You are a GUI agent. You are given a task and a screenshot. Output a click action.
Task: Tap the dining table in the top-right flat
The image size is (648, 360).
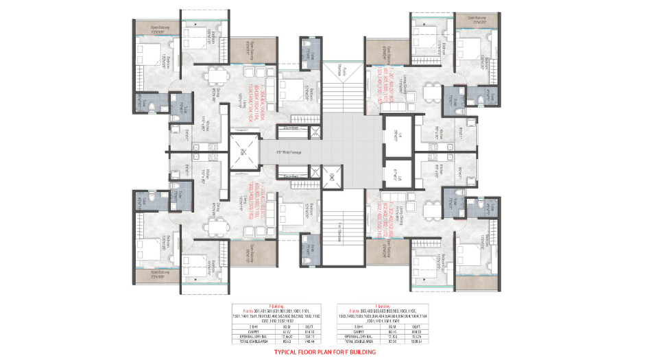click(x=431, y=91)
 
